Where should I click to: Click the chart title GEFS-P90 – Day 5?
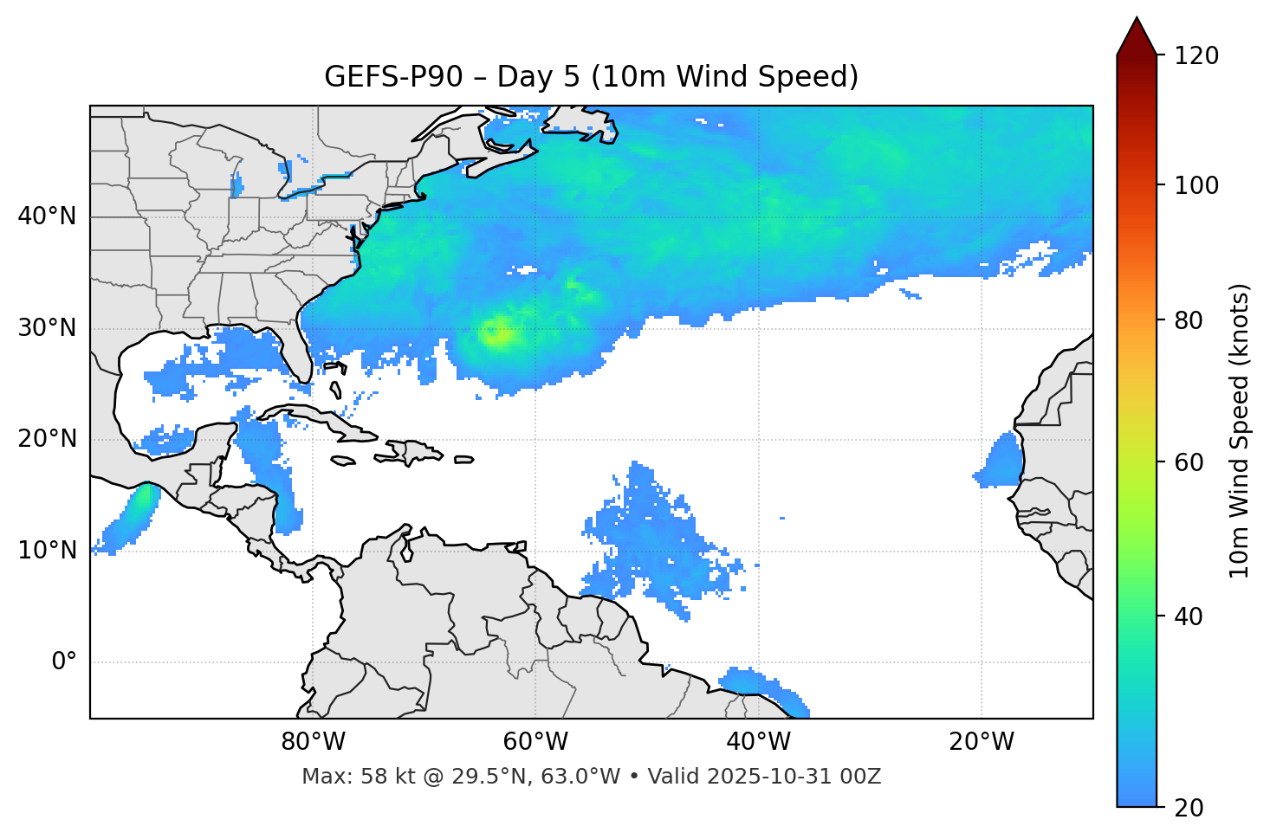click(x=591, y=77)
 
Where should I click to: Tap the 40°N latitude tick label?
click(x=47, y=216)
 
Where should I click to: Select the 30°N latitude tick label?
click(x=47, y=328)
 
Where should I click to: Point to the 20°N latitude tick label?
click(x=47, y=439)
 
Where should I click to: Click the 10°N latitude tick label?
click(x=47, y=551)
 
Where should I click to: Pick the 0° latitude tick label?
click(x=64, y=662)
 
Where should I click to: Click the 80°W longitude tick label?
click(x=313, y=742)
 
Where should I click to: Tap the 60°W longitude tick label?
click(x=535, y=742)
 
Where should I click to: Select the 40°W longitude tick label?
click(x=758, y=742)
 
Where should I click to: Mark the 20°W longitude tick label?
click(x=981, y=742)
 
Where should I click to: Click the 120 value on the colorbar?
click(x=1196, y=56)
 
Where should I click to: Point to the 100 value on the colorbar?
click(x=1196, y=185)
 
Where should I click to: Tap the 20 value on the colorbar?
click(x=1189, y=807)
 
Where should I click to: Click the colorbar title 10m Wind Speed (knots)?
click(x=1240, y=430)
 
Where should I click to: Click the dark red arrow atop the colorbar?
click(x=1137, y=36)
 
